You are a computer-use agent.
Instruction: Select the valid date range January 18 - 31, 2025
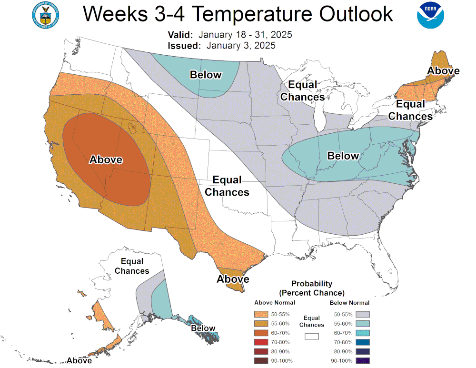tap(245, 35)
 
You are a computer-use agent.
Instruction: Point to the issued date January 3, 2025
tap(241, 46)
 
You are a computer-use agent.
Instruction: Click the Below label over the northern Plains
tap(206, 75)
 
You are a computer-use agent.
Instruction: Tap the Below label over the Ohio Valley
tap(343, 156)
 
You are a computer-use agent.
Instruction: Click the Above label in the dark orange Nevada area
tap(106, 160)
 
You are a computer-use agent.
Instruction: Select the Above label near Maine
tap(443, 71)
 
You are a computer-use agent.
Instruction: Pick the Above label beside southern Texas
tap(233, 279)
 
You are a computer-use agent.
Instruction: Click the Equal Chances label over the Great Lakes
tap(302, 91)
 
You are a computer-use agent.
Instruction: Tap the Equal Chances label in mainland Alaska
tap(132, 266)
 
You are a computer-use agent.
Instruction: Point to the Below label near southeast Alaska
tap(203, 328)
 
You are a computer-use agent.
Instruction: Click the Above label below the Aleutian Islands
tap(79, 360)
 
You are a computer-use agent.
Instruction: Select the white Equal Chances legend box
tap(312, 336)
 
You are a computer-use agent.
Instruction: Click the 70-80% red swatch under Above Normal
tap(260, 342)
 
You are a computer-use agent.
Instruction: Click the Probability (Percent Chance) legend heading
tap(312, 288)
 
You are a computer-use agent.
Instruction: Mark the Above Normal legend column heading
tap(275, 303)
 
